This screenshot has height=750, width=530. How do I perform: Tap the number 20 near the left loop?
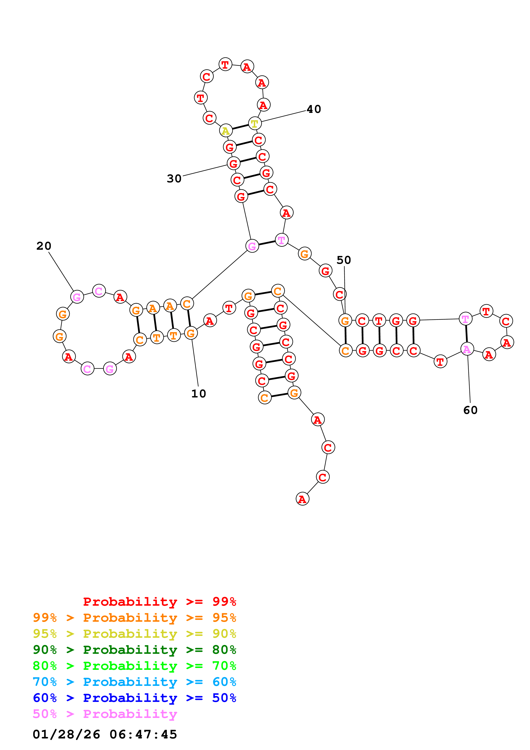[44, 246]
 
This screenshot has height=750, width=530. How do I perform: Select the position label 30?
[174, 179]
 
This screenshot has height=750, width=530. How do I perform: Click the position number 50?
[344, 260]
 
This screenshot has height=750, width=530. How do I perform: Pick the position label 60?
[470, 410]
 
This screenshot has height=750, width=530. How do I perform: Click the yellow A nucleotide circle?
[226, 131]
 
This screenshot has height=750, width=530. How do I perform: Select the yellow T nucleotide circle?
[255, 124]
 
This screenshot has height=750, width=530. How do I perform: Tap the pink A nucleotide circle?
[467, 349]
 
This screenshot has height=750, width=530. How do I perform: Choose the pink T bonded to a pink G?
[282, 240]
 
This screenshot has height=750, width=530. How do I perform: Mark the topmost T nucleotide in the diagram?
[225, 64]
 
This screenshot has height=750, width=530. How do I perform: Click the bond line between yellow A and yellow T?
[240, 127]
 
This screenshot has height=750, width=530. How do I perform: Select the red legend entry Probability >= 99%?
[159, 602]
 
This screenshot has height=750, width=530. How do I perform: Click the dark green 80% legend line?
[134, 650]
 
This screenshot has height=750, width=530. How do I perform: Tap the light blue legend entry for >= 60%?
[134, 682]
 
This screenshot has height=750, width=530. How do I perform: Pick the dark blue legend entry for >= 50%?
[134, 698]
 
